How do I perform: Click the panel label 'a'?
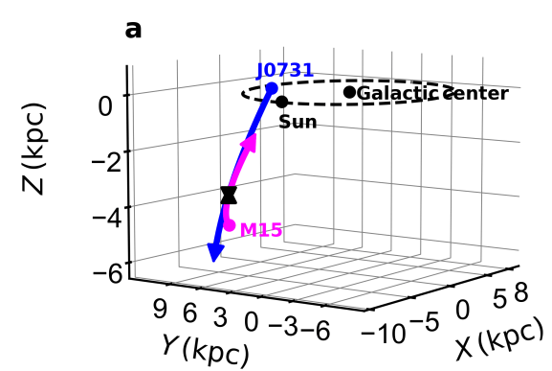coord(134,30)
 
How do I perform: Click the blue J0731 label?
coord(285,70)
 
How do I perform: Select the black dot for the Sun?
coord(281,102)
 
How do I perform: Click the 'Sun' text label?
coord(298,122)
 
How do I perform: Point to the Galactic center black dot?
coord(349,92)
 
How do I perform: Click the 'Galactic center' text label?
coord(432,93)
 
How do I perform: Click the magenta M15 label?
coord(260,230)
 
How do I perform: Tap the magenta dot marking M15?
coord(230,225)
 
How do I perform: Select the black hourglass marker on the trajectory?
coord(229,195)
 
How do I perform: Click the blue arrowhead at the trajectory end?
coord(215,252)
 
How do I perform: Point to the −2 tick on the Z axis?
coord(109,159)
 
